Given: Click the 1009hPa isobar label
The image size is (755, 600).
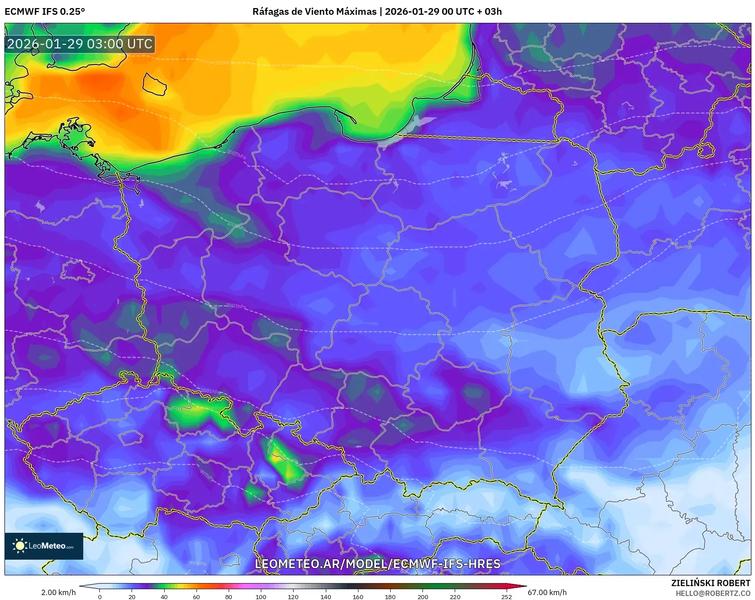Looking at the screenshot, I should (x=224, y=62).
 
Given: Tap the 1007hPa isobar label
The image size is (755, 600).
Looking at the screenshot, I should (x=236, y=155).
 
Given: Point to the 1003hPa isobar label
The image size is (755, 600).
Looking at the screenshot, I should (x=236, y=306).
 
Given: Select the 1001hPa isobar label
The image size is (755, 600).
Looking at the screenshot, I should (x=210, y=391).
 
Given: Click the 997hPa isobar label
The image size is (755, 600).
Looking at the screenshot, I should (x=207, y=476).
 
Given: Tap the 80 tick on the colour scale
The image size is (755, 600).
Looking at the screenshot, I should (x=229, y=596).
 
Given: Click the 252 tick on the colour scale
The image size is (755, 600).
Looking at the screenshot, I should (x=506, y=596).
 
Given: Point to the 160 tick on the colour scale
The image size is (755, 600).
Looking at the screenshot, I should (x=358, y=596).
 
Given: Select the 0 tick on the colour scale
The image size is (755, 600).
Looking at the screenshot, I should (x=99, y=596).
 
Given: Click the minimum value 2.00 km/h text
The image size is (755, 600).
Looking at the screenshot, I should (x=58, y=592).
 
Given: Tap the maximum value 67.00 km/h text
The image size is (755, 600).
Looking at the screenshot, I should (x=547, y=592).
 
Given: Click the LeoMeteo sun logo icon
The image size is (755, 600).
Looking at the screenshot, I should (x=20, y=545).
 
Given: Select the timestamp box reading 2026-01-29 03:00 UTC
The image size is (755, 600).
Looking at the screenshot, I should (x=80, y=44).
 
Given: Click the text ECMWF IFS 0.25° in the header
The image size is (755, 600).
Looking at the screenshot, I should (x=45, y=12).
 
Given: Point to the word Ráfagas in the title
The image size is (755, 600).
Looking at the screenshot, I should (x=270, y=12).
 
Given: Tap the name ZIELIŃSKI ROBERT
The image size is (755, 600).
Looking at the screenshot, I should (x=710, y=583).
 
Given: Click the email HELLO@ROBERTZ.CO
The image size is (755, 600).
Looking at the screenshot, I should (x=712, y=593).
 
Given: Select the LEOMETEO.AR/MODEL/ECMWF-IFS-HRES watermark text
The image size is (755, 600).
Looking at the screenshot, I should (x=377, y=564).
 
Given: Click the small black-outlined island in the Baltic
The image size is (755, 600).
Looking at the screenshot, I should (x=154, y=84).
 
